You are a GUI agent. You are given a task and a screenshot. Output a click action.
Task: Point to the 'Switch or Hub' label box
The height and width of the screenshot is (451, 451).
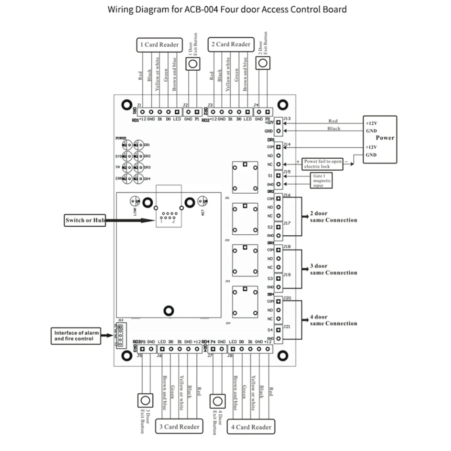point(85,220)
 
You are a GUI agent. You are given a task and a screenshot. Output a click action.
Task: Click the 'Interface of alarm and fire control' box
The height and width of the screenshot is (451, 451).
point(75,336)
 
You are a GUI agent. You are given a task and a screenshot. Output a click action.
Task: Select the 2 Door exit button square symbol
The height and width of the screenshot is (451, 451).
point(263,63)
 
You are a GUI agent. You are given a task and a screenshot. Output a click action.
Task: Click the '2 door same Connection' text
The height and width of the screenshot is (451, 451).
point(333,217)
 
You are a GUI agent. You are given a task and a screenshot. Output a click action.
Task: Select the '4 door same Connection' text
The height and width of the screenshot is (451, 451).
point(333,320)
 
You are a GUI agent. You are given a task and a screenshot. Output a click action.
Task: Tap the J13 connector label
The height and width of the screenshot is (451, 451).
point(287,119)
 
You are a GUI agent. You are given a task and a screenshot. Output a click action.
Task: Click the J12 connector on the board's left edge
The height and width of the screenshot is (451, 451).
point(120,333)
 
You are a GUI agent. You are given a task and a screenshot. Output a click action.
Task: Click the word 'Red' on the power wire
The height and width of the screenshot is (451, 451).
point(333,121)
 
